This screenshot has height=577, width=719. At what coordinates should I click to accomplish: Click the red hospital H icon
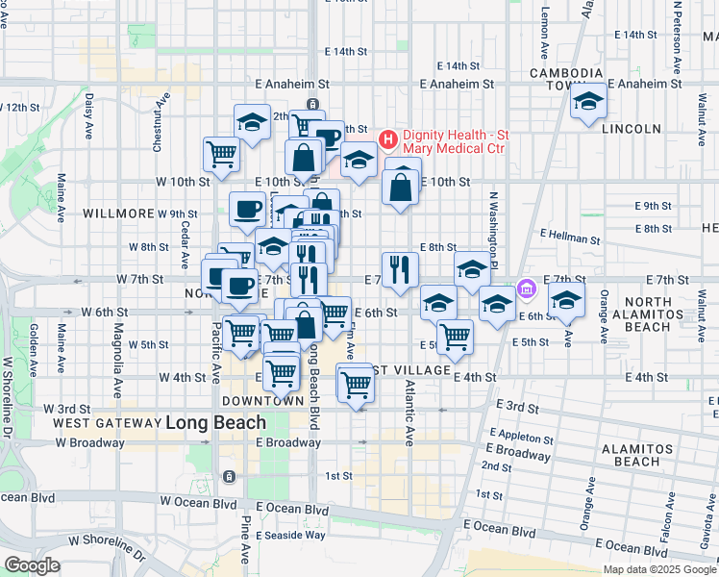[388, 140]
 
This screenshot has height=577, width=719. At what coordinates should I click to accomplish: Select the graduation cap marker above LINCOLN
[587, 102]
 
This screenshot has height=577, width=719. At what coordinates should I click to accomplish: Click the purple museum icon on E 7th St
[526, 288]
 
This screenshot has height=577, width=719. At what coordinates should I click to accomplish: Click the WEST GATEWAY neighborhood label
[106, 423]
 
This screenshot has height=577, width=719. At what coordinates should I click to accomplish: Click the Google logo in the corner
[32, 565]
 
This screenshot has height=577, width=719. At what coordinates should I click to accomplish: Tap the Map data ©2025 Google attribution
[659, 569]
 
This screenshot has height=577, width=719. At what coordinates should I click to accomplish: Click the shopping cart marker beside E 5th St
[455, 336]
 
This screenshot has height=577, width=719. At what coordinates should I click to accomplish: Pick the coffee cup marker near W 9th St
[248, 208]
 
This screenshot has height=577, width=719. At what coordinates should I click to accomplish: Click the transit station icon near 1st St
[229, 477]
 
